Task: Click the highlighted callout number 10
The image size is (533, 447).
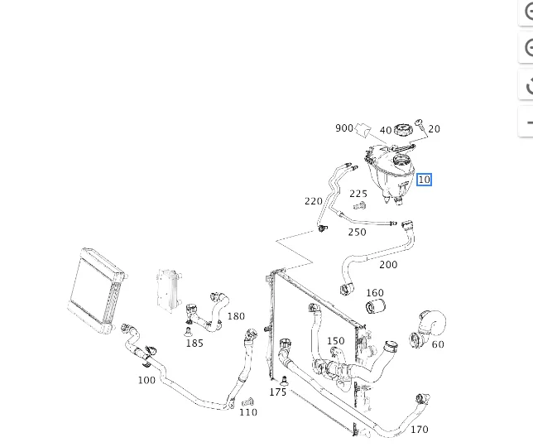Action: [x=425, y=180]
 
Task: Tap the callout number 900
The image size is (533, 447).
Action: [x=344, y=128]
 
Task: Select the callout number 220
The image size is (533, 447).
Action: [x=314, y=201]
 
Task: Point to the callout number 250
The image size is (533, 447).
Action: [x=357, y=232]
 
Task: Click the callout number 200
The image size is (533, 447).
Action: [x=388, y=264]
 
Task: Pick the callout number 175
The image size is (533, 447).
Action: [x=278, y=392]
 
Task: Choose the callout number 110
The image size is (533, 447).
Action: [x=248, y=412]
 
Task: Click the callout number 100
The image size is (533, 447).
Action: [x=146, y=380]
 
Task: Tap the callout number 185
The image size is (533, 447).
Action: [x=194, y=343]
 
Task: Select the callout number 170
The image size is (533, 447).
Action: [x=419, y=430]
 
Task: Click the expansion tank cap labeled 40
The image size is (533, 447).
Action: [x=403, y=130]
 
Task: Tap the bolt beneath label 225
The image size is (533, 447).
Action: [x=360, y=205]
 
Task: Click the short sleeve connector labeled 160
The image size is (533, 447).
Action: [x=375, y=306]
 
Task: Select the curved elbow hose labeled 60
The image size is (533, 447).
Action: [x=428, y=328]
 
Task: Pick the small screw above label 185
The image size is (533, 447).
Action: [x=188, y=332]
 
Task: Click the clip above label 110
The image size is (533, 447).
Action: [x=247, y=402]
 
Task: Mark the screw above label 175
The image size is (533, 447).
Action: [x=285, y=381]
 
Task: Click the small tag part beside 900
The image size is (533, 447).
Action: [x=363, y=131]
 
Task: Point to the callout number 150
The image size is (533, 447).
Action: [x=335, y=341]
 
